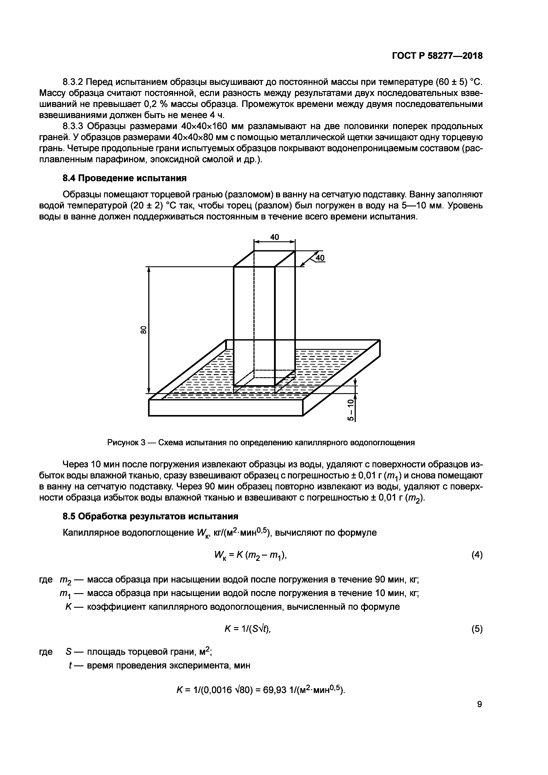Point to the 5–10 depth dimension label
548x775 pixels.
351,410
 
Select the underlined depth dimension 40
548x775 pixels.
320,258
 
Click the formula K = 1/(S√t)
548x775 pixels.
248,629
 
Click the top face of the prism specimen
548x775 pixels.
264,259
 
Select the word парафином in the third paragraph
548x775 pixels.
117,159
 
